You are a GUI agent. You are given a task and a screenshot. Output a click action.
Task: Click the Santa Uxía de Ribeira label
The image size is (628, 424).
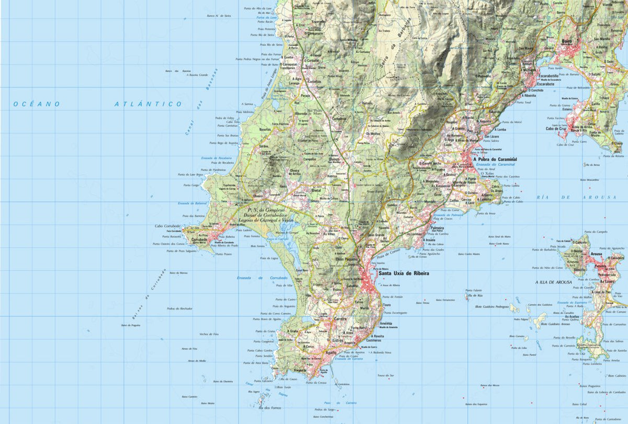click(404, 273)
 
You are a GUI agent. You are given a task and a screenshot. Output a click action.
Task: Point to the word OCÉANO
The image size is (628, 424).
click(37, 104)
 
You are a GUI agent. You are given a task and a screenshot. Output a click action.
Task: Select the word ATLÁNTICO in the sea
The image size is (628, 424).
click(148, 104)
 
